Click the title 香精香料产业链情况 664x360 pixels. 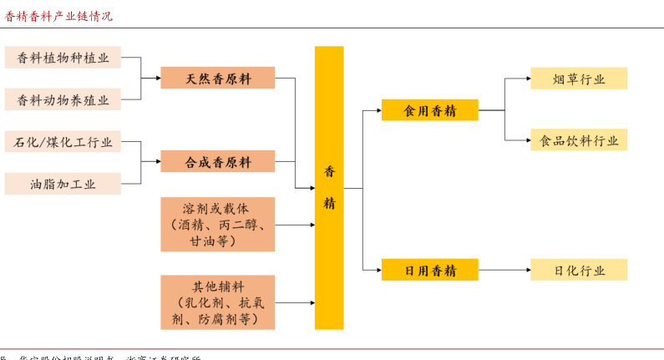(58, 16)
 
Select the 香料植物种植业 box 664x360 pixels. (63, 58)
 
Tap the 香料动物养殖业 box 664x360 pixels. (63, 99)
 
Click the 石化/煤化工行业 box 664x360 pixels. (63, 142)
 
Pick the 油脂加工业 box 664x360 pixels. (63, 184)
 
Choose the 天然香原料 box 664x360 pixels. (217, 79)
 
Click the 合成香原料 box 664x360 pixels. (217, 162)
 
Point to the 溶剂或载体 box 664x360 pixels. (217, 225)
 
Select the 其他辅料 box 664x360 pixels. (217, 302)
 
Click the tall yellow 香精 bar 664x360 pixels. (329, 187)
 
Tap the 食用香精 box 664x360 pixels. (429, 109)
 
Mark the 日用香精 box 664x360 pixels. (429, 270)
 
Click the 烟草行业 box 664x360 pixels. (578, 79)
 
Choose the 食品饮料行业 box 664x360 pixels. (578, 140)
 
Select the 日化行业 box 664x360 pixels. (578, 270)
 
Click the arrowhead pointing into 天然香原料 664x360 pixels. (157, 79)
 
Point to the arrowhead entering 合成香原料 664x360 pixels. (157, 162)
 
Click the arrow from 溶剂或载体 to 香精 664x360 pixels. (294, 225)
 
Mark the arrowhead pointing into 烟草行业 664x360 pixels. (526, 79)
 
